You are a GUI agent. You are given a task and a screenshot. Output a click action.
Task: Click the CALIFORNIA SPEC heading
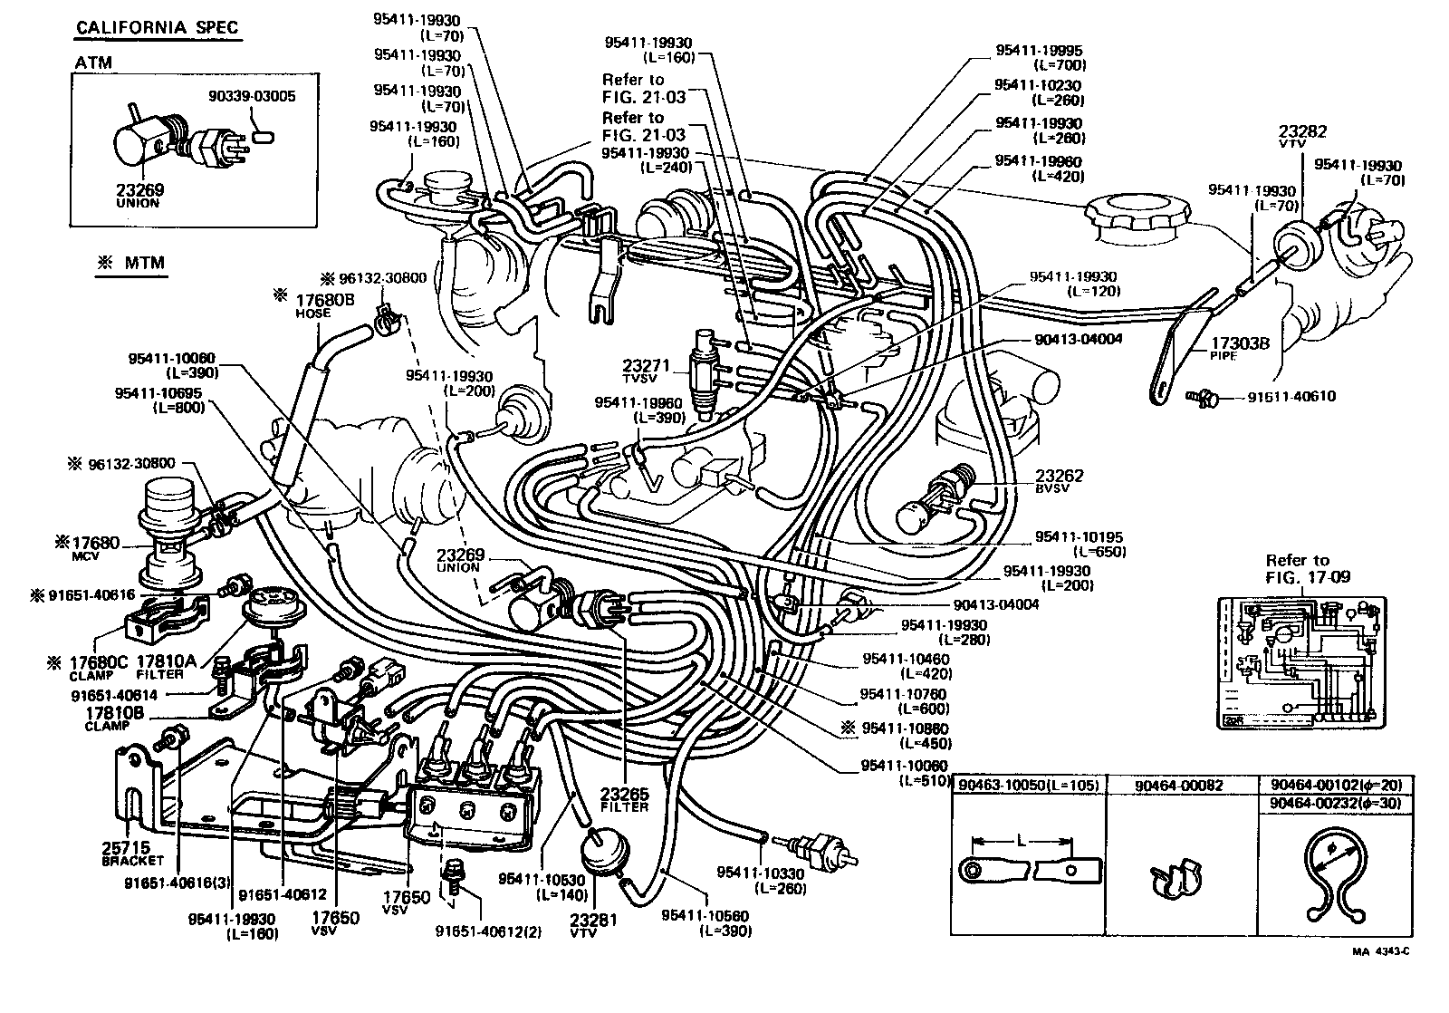pos(157,27)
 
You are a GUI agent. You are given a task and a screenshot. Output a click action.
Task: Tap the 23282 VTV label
pos(1302,137)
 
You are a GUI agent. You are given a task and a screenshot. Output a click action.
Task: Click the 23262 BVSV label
pos(1060,480)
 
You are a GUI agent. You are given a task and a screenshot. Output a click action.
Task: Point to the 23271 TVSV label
pos(644,370)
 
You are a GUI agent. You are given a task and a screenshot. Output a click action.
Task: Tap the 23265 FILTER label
pos(624,797)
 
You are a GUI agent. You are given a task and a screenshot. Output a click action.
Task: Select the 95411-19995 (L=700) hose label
pos(1038,58)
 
